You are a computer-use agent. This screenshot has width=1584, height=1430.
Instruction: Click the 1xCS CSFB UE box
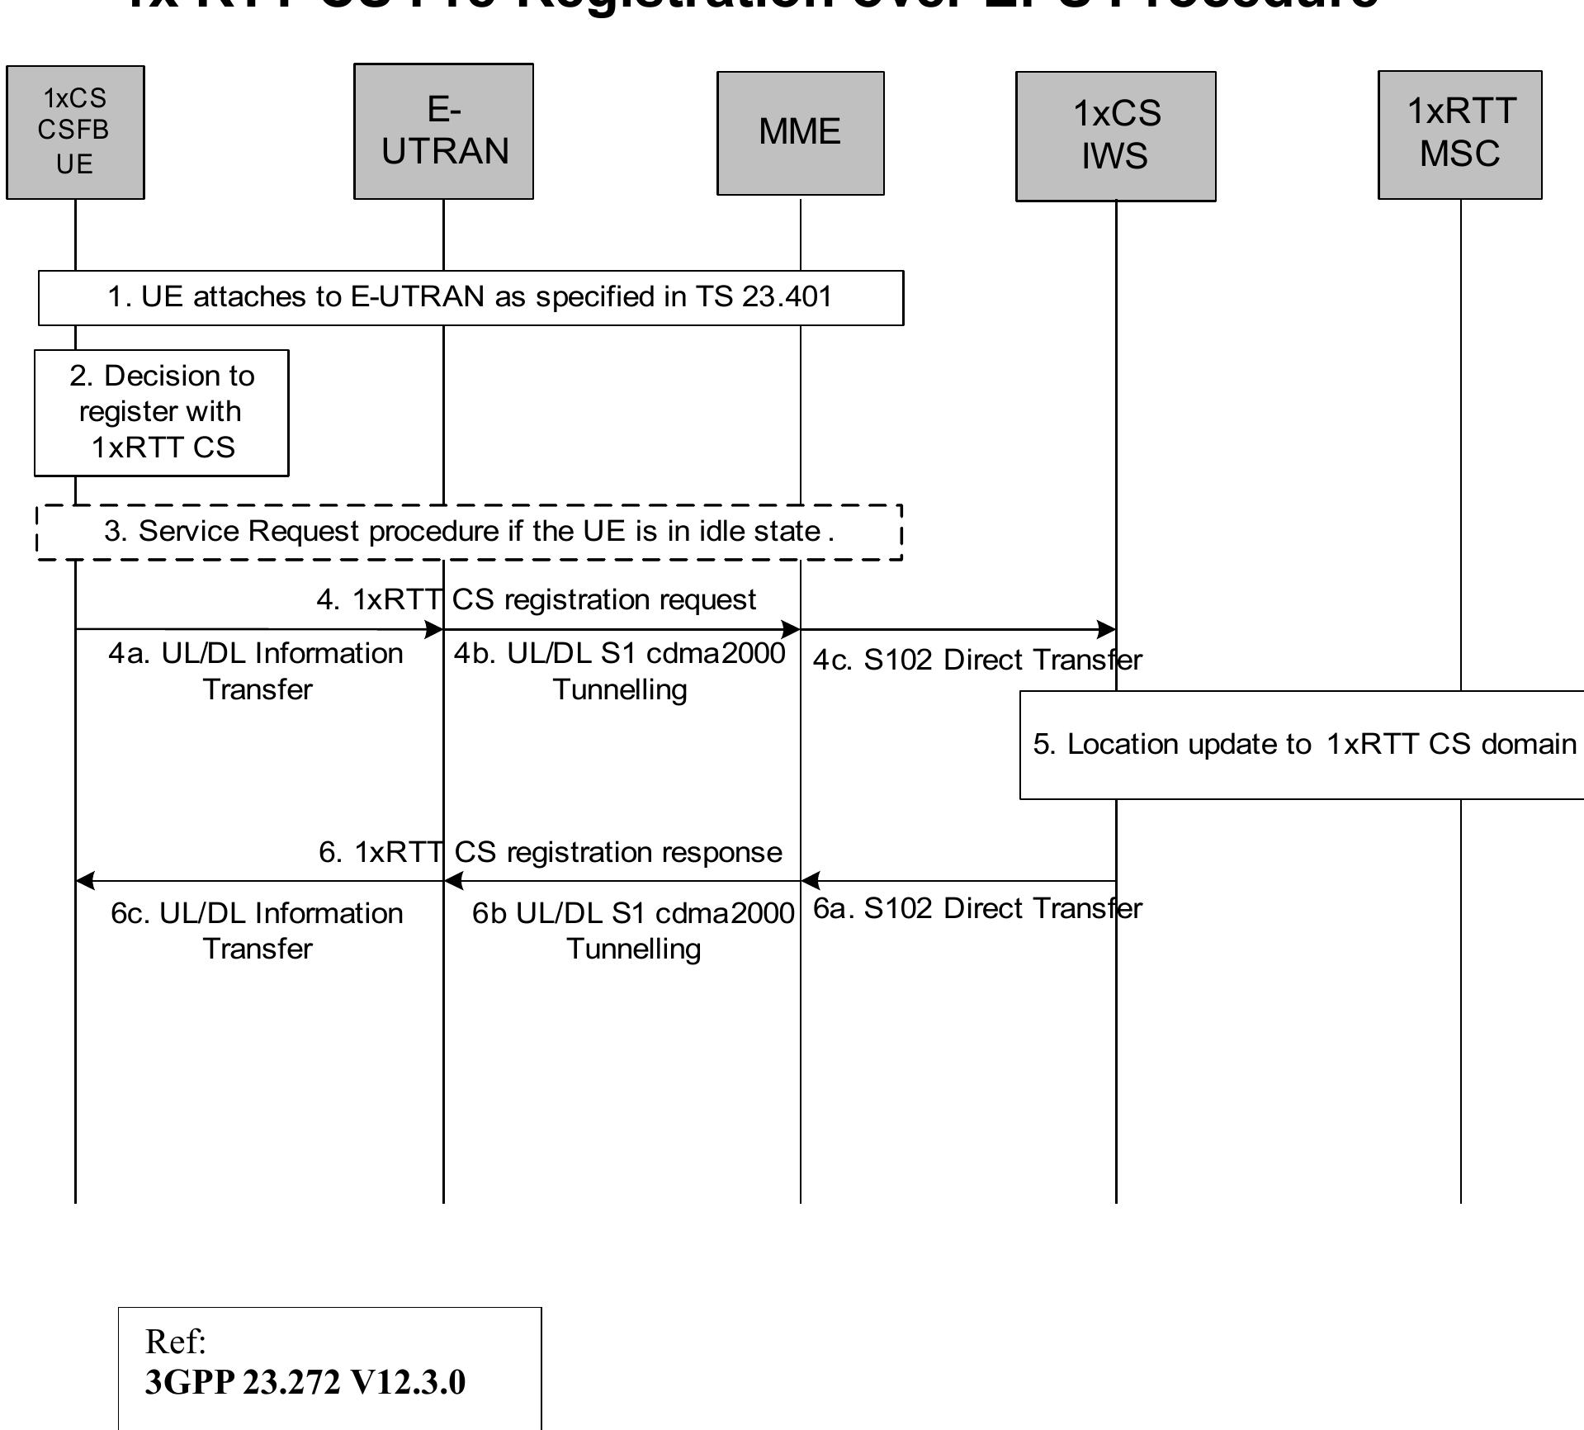(x=75, y=132)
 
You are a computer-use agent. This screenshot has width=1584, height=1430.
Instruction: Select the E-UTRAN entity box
(x=443, y=131)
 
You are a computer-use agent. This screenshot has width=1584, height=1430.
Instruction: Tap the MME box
(x=800, y=133)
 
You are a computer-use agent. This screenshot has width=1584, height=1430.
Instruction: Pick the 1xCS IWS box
(x=1115, y=135)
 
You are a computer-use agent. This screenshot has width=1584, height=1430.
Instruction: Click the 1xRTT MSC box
(x=1459, y=134)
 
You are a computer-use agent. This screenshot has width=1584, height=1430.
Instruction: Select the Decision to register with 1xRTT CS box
(x=161, y=412)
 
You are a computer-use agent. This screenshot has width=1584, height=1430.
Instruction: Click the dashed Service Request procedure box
(x=469, y=532)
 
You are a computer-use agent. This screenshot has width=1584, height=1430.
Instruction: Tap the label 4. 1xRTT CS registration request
(x=537, y=599)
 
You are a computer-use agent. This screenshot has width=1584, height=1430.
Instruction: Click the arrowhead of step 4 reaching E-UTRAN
(x=435, y=630)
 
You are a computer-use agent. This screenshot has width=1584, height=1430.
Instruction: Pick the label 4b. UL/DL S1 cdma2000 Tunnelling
(x=620, y=670)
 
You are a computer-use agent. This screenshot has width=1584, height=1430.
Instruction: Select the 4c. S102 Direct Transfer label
(x=977, y=660)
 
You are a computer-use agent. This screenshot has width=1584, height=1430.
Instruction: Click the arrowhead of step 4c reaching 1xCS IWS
(x=1108, y=630)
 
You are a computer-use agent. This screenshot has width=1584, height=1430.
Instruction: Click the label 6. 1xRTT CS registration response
(x=551, y=852)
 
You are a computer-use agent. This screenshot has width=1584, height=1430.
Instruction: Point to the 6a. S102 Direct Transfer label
(x=977, y=908)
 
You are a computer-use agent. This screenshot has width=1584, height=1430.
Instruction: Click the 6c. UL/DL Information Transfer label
(x=258, y=930)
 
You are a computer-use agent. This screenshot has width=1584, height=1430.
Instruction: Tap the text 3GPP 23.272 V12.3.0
(x=305, y=1382)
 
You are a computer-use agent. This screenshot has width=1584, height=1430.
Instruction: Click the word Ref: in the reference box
(x=175, y=1342)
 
